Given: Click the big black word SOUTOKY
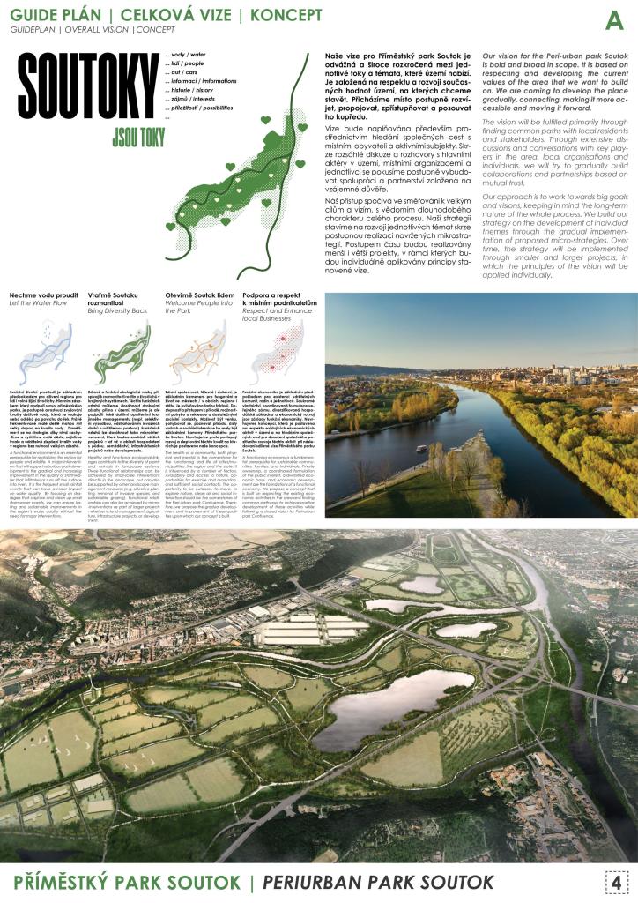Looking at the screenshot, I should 85,93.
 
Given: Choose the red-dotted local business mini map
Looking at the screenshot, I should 278,353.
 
